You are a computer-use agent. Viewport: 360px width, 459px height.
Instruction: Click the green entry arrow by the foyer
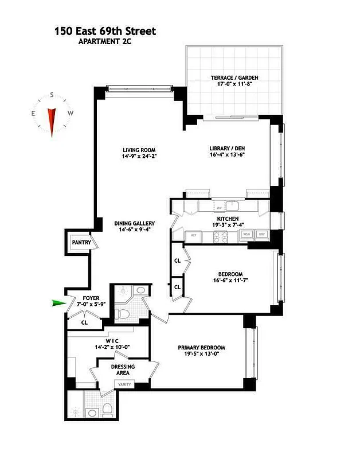(x=58, y=304)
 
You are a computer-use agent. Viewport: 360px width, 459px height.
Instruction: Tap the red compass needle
(x=52, y=120)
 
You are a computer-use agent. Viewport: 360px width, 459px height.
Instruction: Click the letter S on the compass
(x=52, y=95)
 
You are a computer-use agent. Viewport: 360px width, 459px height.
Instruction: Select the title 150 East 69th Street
(x=105, y=32)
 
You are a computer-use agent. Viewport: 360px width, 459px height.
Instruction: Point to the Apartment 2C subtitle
(x=109, y=42)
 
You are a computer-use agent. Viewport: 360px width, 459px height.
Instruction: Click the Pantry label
(x=81, y=243)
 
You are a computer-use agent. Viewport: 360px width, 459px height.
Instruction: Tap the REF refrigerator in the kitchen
(x=193, y=235)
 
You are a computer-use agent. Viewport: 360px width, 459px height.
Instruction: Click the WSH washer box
(x=246, y=234)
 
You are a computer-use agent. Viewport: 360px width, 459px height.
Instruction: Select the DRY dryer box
(x=263, y=234)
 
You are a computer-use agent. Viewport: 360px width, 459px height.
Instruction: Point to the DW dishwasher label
(x=218, y=208)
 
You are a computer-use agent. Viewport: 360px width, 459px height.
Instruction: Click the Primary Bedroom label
(x=201, y=348)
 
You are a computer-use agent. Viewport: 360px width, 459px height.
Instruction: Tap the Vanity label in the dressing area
(x=124, y=385)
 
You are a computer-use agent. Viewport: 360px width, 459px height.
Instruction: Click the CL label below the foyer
(x=84, y=322)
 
